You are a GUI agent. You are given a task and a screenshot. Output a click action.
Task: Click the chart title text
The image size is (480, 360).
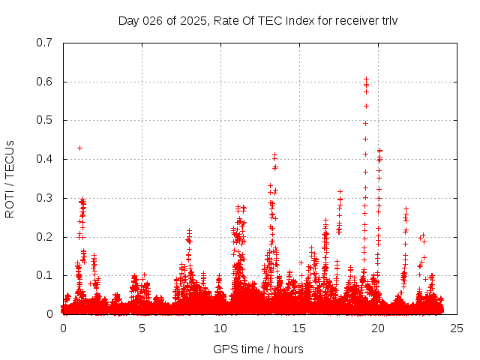point(258,20)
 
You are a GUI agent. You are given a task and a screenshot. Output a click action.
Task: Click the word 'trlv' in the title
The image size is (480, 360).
point(388,20)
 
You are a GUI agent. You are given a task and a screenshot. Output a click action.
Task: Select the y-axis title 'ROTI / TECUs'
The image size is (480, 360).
point(10,178)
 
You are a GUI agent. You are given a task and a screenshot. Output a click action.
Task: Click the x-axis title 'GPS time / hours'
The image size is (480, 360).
point(258,349)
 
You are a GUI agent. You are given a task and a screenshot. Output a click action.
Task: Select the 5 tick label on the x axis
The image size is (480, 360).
point(142,328)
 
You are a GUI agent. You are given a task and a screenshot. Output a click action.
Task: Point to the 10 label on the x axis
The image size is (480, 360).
point(220,328)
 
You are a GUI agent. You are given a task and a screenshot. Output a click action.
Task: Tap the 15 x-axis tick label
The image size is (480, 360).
point(299,328)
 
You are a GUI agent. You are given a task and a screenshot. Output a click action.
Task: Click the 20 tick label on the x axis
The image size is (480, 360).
point(378,328)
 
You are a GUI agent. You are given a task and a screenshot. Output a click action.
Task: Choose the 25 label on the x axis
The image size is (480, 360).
point(457,328)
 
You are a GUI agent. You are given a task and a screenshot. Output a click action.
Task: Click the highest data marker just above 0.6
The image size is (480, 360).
point(366,79)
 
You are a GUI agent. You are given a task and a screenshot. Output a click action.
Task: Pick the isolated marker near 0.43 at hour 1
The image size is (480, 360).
point(79,148)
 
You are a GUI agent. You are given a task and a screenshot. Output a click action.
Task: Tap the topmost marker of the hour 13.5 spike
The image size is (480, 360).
point(275,155)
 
